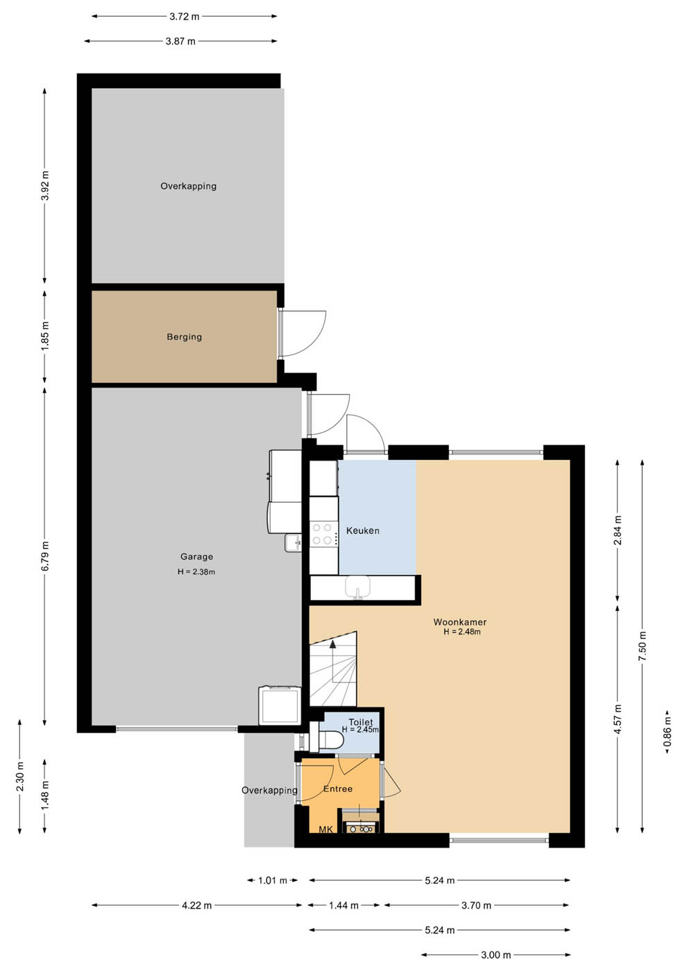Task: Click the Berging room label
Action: (185, 337)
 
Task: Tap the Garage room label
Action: (196, 556)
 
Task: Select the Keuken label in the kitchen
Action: (362, 531)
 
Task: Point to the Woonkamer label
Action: (459, 622)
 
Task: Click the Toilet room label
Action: (361, 722)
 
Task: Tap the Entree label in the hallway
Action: (338, 789)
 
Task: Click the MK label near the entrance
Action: (325, 830)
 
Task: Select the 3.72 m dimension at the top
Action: (185, 17)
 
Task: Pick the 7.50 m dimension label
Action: (643, 646)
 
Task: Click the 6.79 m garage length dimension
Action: (45, 556)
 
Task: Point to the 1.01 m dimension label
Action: (272, 880)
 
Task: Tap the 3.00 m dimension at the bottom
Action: (495, 955)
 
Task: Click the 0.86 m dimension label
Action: (668, 731)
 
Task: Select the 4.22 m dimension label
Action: (196, 905)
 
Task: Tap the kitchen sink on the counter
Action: (358, 587)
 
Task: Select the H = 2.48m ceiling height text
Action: (462, 632)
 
